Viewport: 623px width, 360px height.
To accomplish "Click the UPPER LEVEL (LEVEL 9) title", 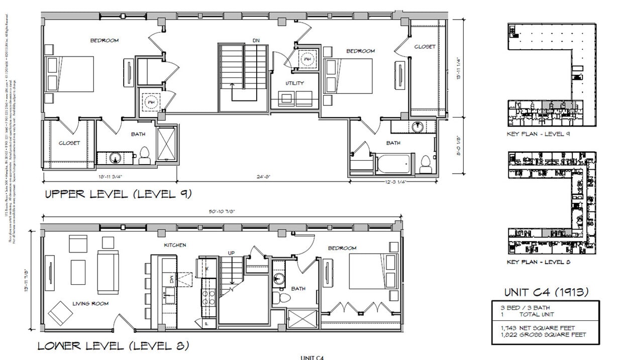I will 118,194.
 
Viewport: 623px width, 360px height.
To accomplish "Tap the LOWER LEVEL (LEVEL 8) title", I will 113,346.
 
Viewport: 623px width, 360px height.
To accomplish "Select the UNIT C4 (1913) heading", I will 546,292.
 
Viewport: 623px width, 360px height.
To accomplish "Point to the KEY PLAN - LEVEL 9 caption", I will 538,134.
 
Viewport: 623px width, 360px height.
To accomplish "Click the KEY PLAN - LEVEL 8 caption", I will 538,262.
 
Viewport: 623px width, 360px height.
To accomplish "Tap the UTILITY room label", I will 295,83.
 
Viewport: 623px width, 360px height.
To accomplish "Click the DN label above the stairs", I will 256,41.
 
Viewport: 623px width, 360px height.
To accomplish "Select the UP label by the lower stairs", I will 231,253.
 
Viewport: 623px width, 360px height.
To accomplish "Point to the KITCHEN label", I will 175,245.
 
